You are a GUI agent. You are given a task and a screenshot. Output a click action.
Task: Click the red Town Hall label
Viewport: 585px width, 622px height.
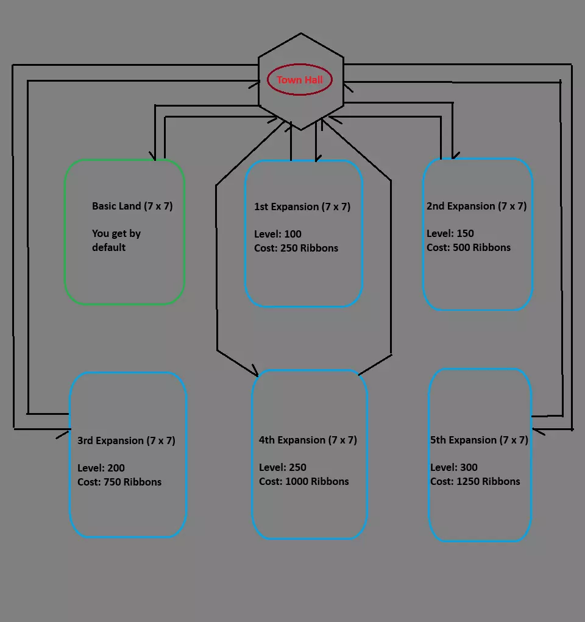click(300, 80)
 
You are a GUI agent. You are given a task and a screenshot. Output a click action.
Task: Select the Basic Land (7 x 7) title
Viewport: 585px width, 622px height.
click(132, 206)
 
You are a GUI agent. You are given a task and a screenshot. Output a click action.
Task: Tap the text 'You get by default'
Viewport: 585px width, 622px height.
click(116, 240)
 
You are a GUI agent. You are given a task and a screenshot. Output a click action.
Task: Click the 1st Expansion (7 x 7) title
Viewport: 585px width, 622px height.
click(302, 207)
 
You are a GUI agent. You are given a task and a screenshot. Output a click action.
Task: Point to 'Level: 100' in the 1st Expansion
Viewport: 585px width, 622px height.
click(278, 234)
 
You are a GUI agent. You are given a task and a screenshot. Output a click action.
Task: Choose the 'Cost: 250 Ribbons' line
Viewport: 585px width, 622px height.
click(296, 248)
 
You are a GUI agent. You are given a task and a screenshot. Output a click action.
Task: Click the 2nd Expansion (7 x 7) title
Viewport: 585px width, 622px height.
click(477, 206)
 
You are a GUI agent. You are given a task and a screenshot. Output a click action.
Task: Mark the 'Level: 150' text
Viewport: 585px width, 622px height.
click(450, 233)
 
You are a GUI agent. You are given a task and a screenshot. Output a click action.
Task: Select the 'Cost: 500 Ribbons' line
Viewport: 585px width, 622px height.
click(469, 247)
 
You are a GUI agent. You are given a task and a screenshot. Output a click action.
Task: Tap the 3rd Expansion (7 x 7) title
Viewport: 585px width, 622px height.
click(126, 440)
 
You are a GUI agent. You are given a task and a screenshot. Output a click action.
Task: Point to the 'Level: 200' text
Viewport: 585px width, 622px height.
click(101, 468)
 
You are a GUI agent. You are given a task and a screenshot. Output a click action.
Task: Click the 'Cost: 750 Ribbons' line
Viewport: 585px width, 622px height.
click(119, 482)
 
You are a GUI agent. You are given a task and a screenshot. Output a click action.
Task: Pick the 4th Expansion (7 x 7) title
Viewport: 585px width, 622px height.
click(308, 440)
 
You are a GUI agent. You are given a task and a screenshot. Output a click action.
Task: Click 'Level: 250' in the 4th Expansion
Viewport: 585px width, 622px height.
click(283, 467)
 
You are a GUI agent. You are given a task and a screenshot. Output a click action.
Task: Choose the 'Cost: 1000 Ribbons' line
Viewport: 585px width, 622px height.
click(304, 481)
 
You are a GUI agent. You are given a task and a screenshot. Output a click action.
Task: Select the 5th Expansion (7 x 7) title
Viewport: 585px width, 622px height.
click(479, 440)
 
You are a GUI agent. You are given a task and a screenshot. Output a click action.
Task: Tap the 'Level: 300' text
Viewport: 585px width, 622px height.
click(454, 467)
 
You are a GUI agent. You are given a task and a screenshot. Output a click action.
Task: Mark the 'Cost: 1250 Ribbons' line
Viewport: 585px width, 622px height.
click(475, 481)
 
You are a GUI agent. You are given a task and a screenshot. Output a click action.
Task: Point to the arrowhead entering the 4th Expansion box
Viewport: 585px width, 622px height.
click(255, 373)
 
